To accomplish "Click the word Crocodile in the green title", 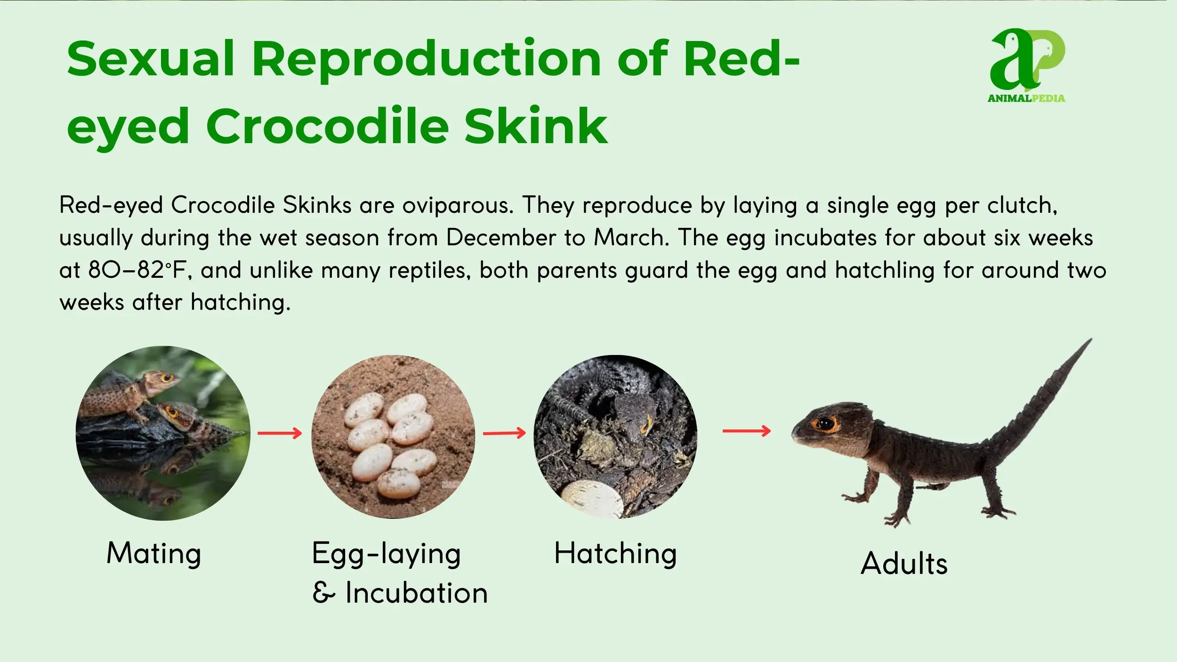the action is tap(327, 126).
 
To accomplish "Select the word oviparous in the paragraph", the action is tap(457, 206).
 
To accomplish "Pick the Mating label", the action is tap(154, 554).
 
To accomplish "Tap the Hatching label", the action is tap(615, 554).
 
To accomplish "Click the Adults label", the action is tap(904, 563).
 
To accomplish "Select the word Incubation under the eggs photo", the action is tap(416, 593).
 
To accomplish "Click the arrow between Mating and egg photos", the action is tap(280, 433).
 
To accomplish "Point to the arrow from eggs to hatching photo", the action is tap(504, 433).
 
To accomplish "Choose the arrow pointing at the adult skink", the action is tap(747, 430).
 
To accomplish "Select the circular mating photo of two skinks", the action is tap(163, 433).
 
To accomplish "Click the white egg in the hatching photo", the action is tap(592, 500).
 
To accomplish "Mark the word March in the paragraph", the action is tap(631, 237).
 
